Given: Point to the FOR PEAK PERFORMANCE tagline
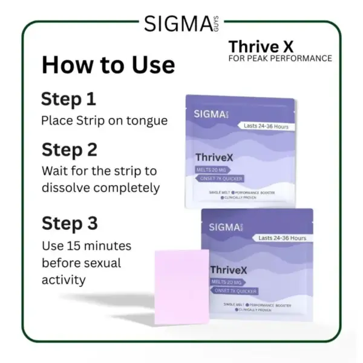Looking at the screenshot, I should [x=280, y=59].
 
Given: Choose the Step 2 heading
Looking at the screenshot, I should [x=69, y=149].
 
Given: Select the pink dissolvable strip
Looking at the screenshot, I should [x=181, y=285].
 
